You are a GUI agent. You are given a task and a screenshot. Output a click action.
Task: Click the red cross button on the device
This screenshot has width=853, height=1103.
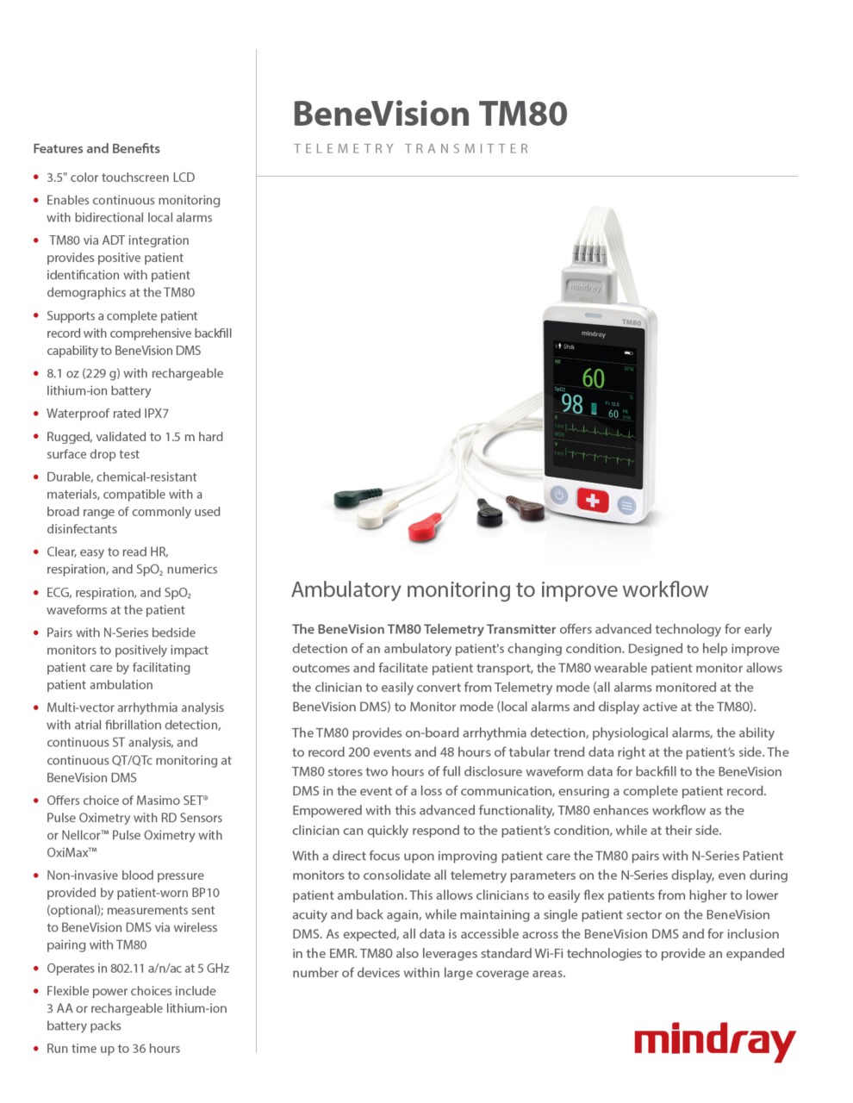592,500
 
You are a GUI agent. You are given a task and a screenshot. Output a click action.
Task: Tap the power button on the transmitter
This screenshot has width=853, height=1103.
558,495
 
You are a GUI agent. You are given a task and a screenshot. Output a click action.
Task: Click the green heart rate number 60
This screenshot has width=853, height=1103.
593,378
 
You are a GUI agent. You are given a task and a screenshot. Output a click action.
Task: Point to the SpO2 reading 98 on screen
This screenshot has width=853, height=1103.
572,402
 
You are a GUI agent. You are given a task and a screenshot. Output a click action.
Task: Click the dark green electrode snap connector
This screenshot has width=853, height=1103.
356,497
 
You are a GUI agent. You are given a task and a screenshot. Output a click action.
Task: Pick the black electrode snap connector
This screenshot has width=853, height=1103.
489,514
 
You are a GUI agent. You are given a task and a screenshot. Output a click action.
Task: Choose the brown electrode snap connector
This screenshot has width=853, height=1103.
525,508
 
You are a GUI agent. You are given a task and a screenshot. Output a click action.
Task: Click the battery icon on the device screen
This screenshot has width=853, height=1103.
628,352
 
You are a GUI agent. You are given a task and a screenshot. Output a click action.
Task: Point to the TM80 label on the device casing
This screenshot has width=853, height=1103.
632,322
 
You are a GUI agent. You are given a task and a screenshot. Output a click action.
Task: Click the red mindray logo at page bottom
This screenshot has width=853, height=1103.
714,1042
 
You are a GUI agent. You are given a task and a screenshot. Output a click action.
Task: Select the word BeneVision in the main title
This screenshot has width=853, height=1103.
380,114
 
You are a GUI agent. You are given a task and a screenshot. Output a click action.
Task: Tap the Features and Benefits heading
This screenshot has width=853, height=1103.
97,148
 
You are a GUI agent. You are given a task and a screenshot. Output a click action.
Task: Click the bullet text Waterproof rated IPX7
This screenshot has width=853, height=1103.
108,414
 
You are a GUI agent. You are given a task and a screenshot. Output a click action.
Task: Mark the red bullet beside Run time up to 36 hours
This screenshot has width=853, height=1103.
36,1049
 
